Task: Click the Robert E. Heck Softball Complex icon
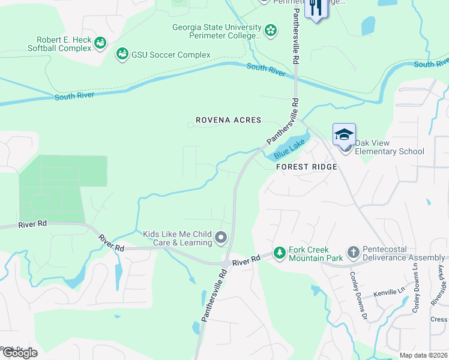point(100,42)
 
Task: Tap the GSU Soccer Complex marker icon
point(122,55)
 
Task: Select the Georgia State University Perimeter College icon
point(271,29)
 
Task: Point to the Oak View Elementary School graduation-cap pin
point(344,134)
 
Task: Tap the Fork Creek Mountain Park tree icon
point(279,253)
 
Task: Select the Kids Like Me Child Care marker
point(221,238)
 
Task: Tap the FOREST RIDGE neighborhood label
point(309,167)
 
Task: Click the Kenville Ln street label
point(390,292)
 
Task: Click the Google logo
point(19,353)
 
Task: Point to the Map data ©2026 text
point(423,355)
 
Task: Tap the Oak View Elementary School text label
point(389,147)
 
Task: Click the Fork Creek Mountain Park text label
point(315,253)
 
